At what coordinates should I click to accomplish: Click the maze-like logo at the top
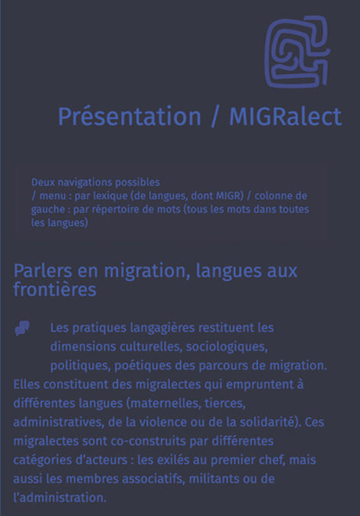point(297,51)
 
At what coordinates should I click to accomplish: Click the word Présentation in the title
point(130,117)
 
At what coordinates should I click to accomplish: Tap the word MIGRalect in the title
point(285,117)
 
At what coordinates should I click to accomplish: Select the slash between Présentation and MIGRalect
point(215,117)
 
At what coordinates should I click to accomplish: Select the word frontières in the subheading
point(55,289)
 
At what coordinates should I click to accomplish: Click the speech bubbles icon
point(22,328)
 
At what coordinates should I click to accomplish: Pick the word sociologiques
point(227,347)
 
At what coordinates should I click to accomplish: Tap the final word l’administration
point(59,498)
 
